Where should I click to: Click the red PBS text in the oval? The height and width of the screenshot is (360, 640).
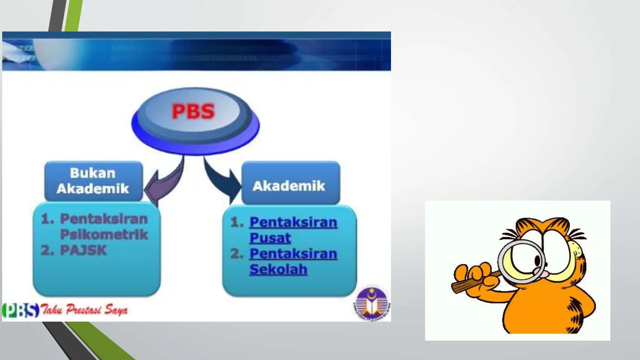(193, 111)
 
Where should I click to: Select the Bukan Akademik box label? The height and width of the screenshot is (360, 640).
(93, 181)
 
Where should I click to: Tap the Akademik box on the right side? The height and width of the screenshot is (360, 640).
(289, 186)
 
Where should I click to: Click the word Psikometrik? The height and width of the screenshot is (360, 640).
(104, 234)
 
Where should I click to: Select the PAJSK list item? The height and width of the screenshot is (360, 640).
(83, 250)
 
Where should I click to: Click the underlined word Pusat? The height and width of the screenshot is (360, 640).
(270, 238)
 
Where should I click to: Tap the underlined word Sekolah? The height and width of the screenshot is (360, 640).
(278, 269)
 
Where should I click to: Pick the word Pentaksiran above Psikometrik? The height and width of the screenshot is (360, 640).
(104, 219)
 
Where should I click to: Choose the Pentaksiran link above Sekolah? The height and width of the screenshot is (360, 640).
(293, 253)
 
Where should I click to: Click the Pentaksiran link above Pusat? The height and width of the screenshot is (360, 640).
(293, 222)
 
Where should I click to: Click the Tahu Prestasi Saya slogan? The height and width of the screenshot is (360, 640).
(84, 310)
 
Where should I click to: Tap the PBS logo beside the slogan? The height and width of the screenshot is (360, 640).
(21, 310)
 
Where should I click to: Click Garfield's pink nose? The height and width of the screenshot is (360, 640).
(544, 273)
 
